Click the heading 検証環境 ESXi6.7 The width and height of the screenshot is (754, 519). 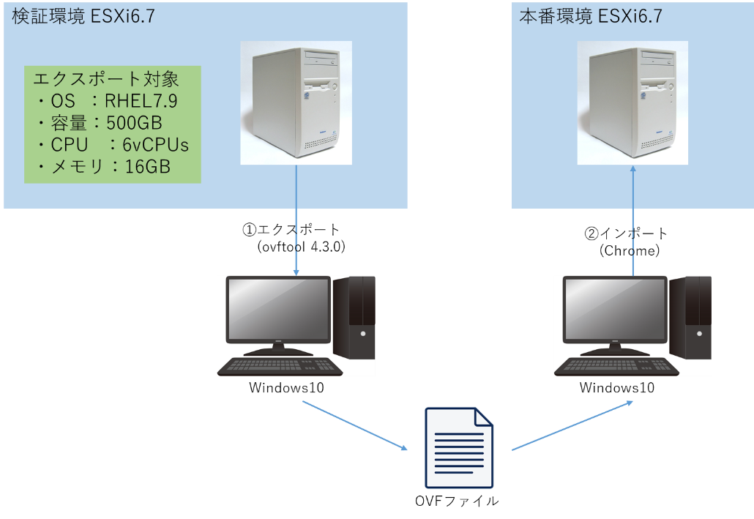pos(83,17)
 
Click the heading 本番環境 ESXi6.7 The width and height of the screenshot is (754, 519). pos(591,17)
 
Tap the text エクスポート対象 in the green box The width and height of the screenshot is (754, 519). pos(106,79)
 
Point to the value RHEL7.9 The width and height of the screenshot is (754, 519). pos(141,101)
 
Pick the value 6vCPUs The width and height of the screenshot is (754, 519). pos(155,145)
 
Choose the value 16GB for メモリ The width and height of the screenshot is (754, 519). pos(148,167)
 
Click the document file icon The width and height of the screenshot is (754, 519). pos(459,448)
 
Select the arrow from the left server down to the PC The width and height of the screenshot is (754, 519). pos(296,220)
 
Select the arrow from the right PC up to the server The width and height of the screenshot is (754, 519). pos(633,220)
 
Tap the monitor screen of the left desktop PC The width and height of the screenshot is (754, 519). pos(278,307)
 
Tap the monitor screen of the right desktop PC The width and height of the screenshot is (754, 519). pos(615,307)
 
